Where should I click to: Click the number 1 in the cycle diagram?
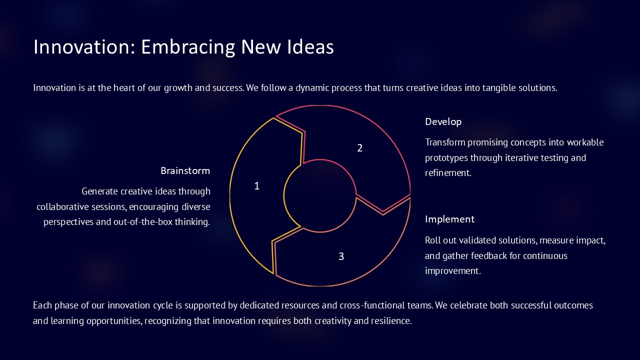pyautogui.click(x=257, y=186)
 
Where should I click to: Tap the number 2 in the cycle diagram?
pyautogui.click(x=359, y=148)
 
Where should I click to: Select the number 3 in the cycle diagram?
pyautogui.click(x=341, y=256)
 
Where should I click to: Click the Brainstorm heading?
pyautogui.click(x=185, y=170)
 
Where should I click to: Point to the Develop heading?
pyautogui.click(x=443, y=121)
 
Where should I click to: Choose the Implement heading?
pyautogui.click(x=449, y=219)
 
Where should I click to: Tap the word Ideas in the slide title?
pyautogui.click(x=310, y=46)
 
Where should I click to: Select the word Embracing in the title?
pyautogui.click(x=188, y=47)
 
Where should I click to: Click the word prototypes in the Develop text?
pyautogui.click(x=446, y=157)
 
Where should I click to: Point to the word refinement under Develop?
pyautogui.click(x=448, y=173)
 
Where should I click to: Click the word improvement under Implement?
pyautogui.click(x=453, y=271)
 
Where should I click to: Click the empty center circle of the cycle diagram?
pyautogui.click(x=320, y=195)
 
